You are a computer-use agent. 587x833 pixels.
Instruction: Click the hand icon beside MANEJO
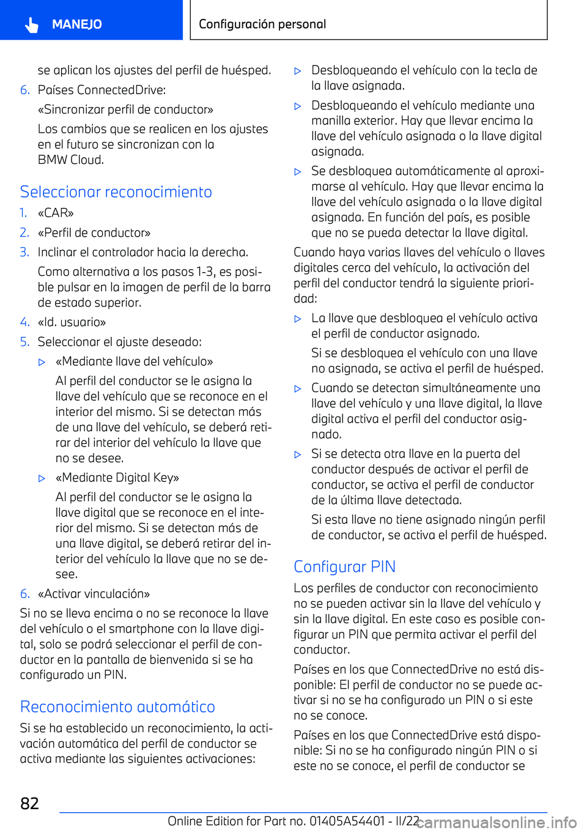click(x=32, y=24)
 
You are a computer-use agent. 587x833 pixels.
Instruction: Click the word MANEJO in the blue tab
click(x=77, y=24)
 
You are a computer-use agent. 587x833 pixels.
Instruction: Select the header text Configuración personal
click(x=262, y=24)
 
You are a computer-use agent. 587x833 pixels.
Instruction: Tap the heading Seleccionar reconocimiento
click(x=116, y=192)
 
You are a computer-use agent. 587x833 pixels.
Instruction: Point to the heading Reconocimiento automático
click(x=117, y=707)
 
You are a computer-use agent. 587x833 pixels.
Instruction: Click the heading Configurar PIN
click(x=345, y=567)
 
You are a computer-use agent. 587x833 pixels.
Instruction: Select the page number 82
click(x=29, y=804)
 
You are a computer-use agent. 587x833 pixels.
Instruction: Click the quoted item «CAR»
click(x=56, y=213)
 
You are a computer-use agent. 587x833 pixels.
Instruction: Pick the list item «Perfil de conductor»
click(x=94, y=232)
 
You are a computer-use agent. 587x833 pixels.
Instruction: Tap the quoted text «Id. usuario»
click(x=72, y=322)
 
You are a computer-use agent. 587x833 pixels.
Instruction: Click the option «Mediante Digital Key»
click(x=117, y=478)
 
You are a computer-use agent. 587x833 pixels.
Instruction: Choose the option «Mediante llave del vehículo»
click(x=135, y=361)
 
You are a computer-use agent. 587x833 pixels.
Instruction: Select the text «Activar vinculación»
click(x=94, y=594)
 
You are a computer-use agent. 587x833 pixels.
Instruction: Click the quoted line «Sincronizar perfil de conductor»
click(x=125, y=109)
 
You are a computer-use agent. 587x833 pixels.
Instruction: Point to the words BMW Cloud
click(x=71, y=160)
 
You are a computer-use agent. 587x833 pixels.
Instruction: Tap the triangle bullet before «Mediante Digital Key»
click(x=42, y=478)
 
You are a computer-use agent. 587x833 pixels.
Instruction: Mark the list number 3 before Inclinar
click(x=24, y=252)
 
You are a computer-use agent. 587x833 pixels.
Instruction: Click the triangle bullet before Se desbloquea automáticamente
click(x=298, y=172)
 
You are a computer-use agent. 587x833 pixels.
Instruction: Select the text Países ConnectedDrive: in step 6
click(x=102, y=90)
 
